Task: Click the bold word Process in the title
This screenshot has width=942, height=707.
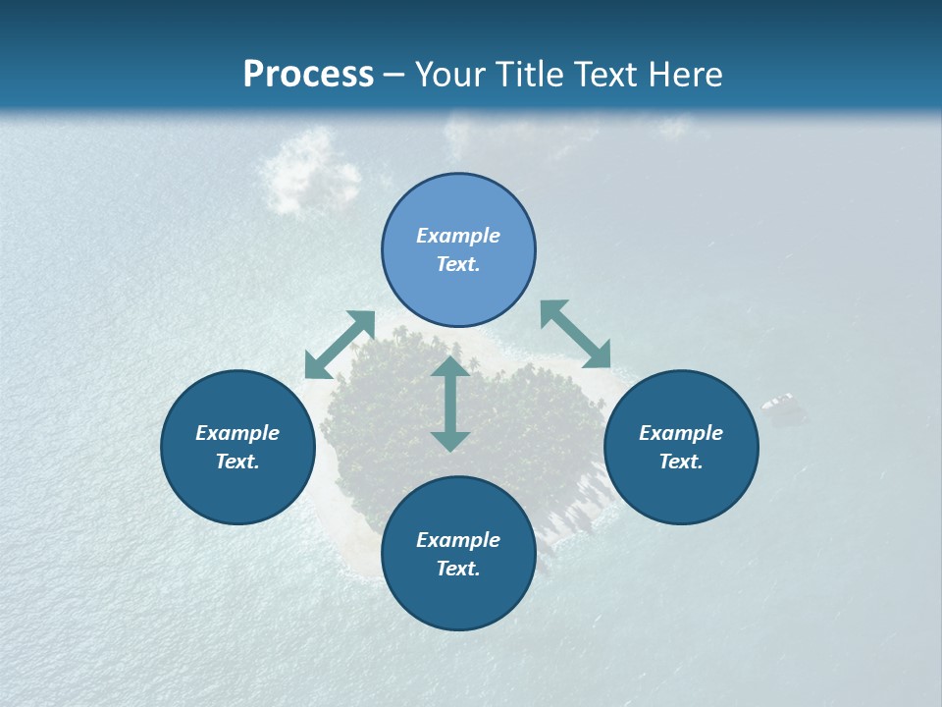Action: click(x=308, y=75)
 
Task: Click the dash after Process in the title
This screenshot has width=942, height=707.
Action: click(x=394, y=76)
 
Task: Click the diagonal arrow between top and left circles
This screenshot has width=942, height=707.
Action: click(x=340, y=345)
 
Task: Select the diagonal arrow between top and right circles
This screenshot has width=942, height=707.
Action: click(x=576, y=335)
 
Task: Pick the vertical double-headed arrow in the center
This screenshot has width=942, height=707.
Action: click(x=450, y=404)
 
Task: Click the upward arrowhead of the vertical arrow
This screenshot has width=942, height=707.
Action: click(x=450, y=366)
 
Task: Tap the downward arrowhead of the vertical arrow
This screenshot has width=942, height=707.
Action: click(x=450, y=441)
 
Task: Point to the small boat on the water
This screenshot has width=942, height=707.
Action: click(x=778, y=402)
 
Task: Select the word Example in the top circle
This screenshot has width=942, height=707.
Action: click(x=458, y=236)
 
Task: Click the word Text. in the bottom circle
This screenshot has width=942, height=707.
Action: click(x=458, y=569)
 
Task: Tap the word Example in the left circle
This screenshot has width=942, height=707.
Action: click(x=237, y=433)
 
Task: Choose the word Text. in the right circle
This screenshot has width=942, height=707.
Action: click(x=681, y=462)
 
